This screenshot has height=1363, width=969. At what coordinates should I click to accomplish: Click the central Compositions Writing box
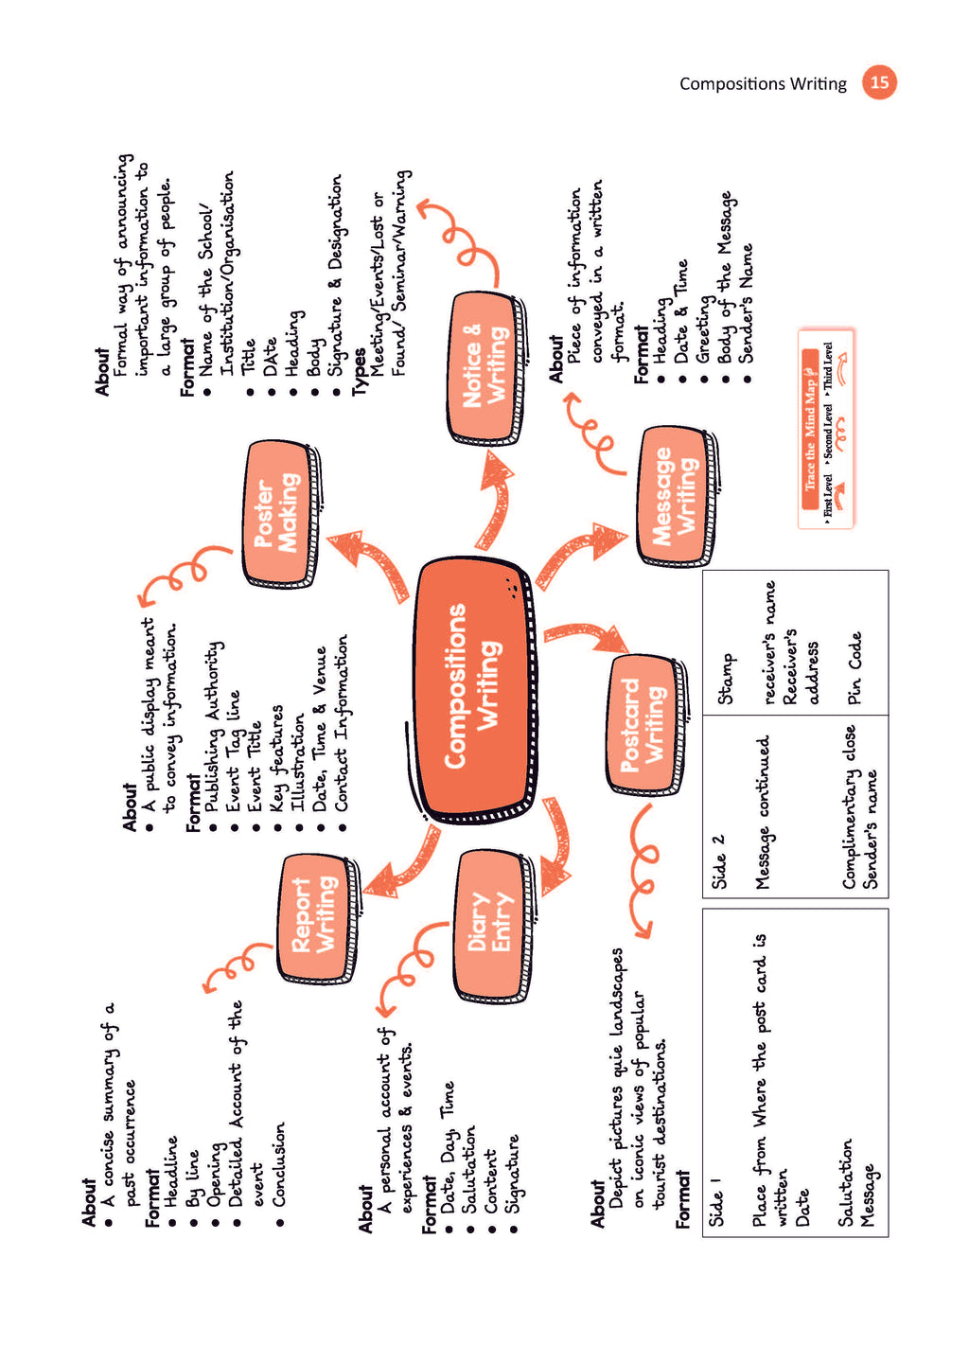click(473, 686)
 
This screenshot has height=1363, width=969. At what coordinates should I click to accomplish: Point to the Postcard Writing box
click(643, 724)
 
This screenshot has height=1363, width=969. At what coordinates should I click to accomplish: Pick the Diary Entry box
click(490, 923)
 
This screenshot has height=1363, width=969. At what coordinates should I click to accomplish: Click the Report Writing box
click(315, 915)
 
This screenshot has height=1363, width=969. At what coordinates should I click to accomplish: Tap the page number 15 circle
click(879, 82)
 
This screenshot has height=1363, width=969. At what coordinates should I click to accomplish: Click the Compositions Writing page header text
click(763, 83)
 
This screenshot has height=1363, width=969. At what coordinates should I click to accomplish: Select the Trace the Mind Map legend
click(825, 428)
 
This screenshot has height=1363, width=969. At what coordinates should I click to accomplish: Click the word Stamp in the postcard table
click(726, 678)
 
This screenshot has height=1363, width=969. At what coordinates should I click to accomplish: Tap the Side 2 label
click(718, 861)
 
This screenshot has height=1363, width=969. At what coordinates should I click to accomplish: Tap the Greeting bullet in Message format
click(704, 328)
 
